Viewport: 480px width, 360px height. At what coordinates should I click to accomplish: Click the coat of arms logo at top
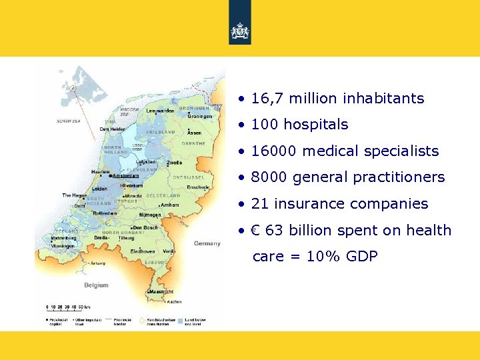(x=240, y=31)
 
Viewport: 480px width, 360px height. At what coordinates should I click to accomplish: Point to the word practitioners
(x=401, y=177)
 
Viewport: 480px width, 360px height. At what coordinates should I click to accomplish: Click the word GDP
(x=362, y=256)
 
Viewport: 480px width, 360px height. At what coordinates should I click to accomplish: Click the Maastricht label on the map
(x=161, y=292)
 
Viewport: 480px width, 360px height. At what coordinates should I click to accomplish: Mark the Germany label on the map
(x=207, y=243)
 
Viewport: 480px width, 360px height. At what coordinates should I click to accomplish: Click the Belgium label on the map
(x=96, y=285)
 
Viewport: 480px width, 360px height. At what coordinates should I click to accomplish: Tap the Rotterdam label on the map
(x=105, y=213)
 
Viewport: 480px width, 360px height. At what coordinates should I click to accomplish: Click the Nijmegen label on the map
(x=149, y=215)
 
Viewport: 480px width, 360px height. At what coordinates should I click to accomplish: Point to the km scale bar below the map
(x=67, y=307)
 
